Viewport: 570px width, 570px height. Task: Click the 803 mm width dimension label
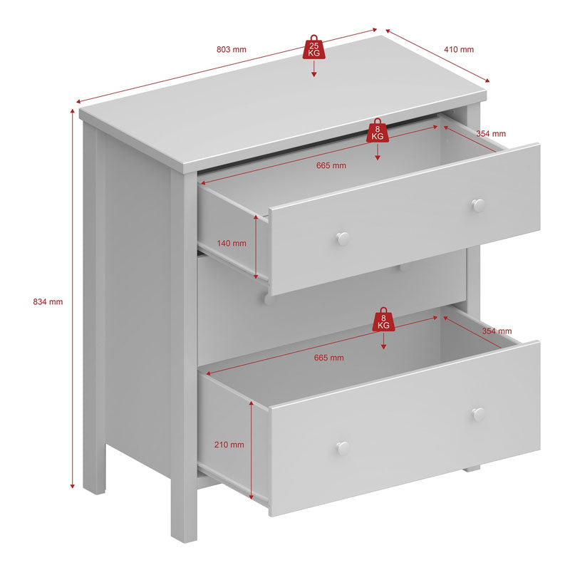[x=232, y=50]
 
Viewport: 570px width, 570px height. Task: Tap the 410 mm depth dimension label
[x=459, y=50]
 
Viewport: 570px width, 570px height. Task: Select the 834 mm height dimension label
[x=48, y=301]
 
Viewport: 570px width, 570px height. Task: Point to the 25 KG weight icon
[x=314, y=48]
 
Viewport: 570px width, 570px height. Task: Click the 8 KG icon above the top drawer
[x=378, y=130]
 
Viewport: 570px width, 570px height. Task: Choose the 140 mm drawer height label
[x=232, y=243]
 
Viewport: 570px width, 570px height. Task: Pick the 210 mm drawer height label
[x=229, y=445]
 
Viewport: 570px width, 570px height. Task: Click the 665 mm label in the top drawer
[x=331, y=165]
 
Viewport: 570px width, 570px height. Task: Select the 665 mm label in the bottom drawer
[x=328, y=358]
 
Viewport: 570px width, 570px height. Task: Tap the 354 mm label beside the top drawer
[x=491, y=133]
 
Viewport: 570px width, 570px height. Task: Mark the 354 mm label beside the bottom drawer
[x=497, y=331]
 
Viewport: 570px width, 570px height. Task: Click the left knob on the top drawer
[x=343, y=239]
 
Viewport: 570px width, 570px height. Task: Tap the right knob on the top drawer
[x=478, y=205]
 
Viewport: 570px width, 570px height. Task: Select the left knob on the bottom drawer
[x=343, y=447]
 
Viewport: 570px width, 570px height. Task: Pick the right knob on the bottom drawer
[x=478, y=414]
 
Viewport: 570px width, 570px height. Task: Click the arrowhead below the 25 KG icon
[x=314, y=73]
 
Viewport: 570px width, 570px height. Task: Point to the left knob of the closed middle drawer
[x=269, y=299]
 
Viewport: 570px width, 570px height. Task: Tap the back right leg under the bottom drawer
[x=470, y=469]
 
